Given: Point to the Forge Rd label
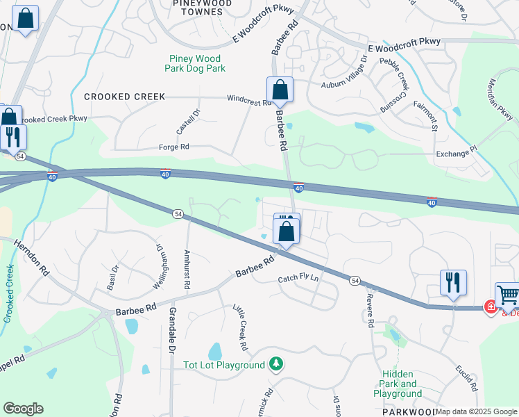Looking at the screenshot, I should pyautogui.click(x=175, y=147).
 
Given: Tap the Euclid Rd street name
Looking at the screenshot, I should pyautogui.click(x=466, y=374).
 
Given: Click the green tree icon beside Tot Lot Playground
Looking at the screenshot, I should pyautogui.click(x=276, y=363).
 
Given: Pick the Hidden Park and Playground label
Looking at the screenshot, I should pyautogui.click(x=398, y=384).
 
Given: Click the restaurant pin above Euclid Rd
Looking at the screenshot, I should pyautogui.click(x=453, y=283).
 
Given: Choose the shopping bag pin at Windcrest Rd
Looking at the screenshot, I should pyautogui.click(x=280, y=90).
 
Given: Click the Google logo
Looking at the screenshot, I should pyautogui.click(x=23, y=409).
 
